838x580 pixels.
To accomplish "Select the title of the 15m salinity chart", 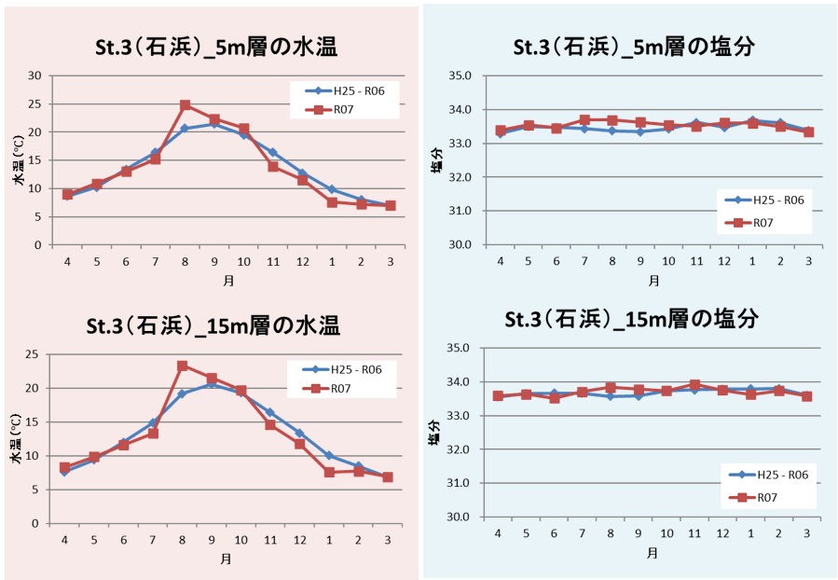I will coord(631,320).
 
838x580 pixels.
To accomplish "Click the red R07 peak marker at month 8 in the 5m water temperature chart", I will coord(185,105).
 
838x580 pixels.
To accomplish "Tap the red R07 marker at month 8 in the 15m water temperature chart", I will coord(183,366).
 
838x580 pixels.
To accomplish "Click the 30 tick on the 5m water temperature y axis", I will coord(35,76).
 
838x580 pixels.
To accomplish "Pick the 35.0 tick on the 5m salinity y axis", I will coord(460,76).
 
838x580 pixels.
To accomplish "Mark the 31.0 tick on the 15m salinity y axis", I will coord(460,483).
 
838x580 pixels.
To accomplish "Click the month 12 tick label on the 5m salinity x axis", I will coord(723,261).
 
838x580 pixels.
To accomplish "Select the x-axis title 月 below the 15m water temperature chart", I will coord(226,559).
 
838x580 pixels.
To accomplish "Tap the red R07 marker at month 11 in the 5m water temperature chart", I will coord(273,166).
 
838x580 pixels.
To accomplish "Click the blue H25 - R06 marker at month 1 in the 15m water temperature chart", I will coord(329,456).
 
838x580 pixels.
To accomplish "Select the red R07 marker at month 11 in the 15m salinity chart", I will coord(694,384).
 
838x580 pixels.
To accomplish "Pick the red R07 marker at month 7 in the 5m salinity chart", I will coord(584,120).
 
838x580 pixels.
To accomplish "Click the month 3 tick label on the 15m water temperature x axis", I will coord(388,540).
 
